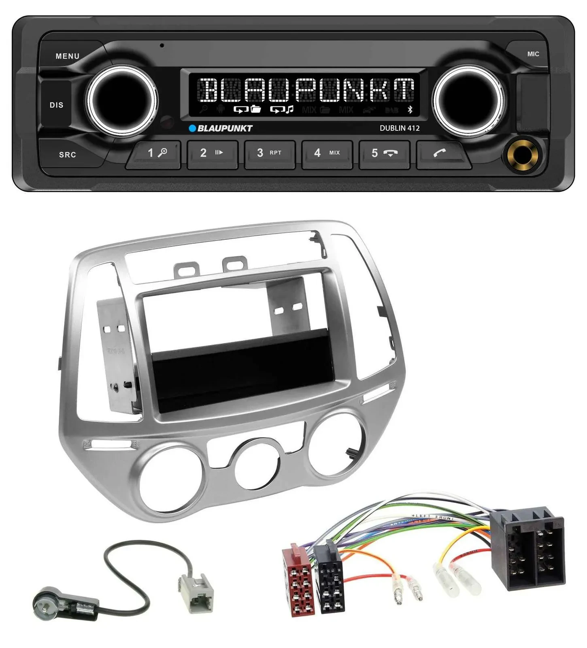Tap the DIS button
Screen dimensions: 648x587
tap(56, 105)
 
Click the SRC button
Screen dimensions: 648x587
tap(67, 154)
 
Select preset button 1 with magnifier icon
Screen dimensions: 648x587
tap(155, 153)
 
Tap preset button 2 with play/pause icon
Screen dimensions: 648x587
tap(212, 153)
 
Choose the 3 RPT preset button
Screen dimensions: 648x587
tap(269, 153)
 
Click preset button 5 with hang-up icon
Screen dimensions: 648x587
tap(384, 153)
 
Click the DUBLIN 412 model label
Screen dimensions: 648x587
tap(399, 128)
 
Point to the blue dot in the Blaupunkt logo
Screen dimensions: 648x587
tap(193, 128)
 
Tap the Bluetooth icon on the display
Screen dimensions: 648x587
tap(410, 109)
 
